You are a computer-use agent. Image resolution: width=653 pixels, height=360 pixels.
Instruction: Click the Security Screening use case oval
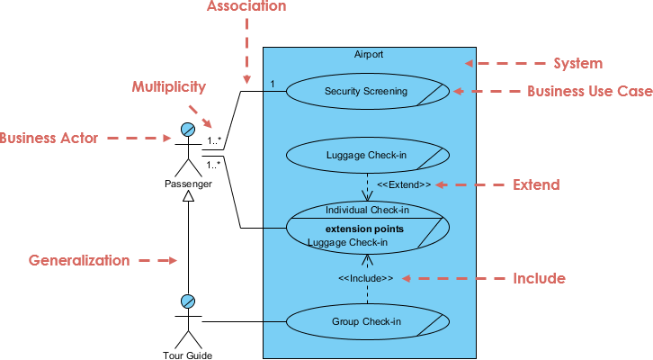[x=365, y=91]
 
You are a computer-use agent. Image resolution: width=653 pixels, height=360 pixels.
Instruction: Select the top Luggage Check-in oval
[x=365, y=155]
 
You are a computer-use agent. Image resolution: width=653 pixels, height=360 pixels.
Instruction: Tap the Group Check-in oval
[x=365, y=321]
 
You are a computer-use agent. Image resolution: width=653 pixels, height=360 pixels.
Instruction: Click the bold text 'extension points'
[x=364, y=229]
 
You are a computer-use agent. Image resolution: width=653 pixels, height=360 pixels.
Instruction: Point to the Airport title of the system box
[x=369, y=55]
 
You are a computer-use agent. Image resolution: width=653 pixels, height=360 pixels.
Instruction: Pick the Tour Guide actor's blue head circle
[x=188, y=301]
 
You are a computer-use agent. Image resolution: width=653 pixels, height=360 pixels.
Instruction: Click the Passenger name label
[x=188, y=184]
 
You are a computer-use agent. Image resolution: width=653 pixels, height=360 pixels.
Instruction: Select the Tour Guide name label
[x=188, y=355]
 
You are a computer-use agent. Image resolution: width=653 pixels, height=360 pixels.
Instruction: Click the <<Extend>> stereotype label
[x=403, y=184]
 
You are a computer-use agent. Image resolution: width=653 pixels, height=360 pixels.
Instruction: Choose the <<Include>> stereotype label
[x=365, y=278]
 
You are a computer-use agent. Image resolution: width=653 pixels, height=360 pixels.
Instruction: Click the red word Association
[x=246, y=7]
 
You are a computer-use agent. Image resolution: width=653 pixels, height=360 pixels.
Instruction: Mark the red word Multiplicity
[x=169, y=87]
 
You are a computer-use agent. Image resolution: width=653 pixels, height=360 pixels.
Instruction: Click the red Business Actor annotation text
[x=49, y=139]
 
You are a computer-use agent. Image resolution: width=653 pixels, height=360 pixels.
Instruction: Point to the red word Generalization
[x=79, y=260]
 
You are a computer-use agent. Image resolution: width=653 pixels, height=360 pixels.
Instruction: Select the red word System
[x=577, y=64]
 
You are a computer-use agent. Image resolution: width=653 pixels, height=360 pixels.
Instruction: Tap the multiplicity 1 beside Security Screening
[x=273, y=84]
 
